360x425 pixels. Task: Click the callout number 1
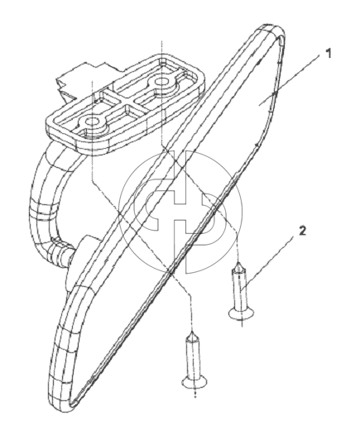(328, 54)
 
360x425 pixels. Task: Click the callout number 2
(303, 231)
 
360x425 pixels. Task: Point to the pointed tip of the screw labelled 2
(238, 263)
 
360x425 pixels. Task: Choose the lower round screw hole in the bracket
(90, 121)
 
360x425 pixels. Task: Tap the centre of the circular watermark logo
(180, 212)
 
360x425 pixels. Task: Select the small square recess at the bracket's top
(163, 61)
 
